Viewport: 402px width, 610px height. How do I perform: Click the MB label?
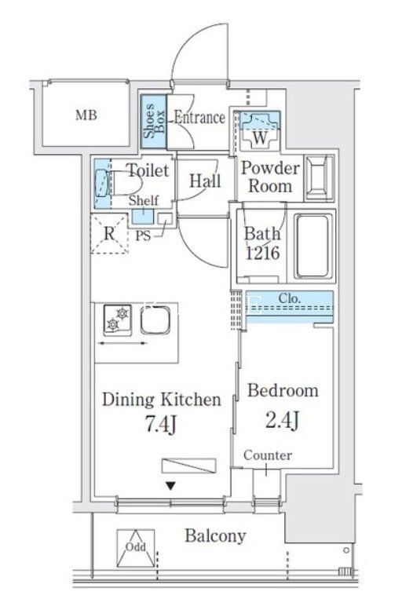click(87, 117)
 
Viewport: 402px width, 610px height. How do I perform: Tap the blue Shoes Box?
click(154, 122)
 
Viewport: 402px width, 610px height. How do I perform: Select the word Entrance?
click(199, 119)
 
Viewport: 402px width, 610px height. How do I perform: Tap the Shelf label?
click(144, 200)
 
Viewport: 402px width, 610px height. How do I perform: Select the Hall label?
click(205, 181)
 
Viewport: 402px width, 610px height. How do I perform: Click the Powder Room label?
click(269, 177)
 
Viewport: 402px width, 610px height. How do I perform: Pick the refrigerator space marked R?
click(109, 233)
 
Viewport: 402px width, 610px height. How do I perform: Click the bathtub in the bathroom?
click(314, 246)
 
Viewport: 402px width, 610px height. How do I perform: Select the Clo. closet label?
click(289, 299)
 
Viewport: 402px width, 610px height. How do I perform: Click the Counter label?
click(267, 455)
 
